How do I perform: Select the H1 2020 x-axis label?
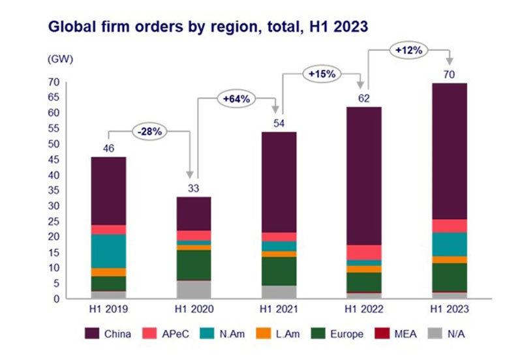[194, 310]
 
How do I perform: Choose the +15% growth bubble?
[322, 74]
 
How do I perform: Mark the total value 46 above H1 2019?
[110, 149]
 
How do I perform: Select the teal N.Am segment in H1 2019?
[110, 251]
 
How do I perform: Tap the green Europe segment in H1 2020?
[194, 265]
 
